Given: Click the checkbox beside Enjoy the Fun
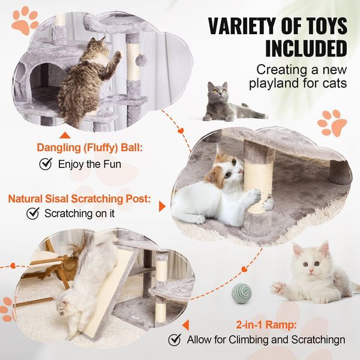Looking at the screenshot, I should (45, 163).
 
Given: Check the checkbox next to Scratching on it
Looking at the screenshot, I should (33, 213).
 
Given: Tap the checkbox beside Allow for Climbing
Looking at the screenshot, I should (175, 340).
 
